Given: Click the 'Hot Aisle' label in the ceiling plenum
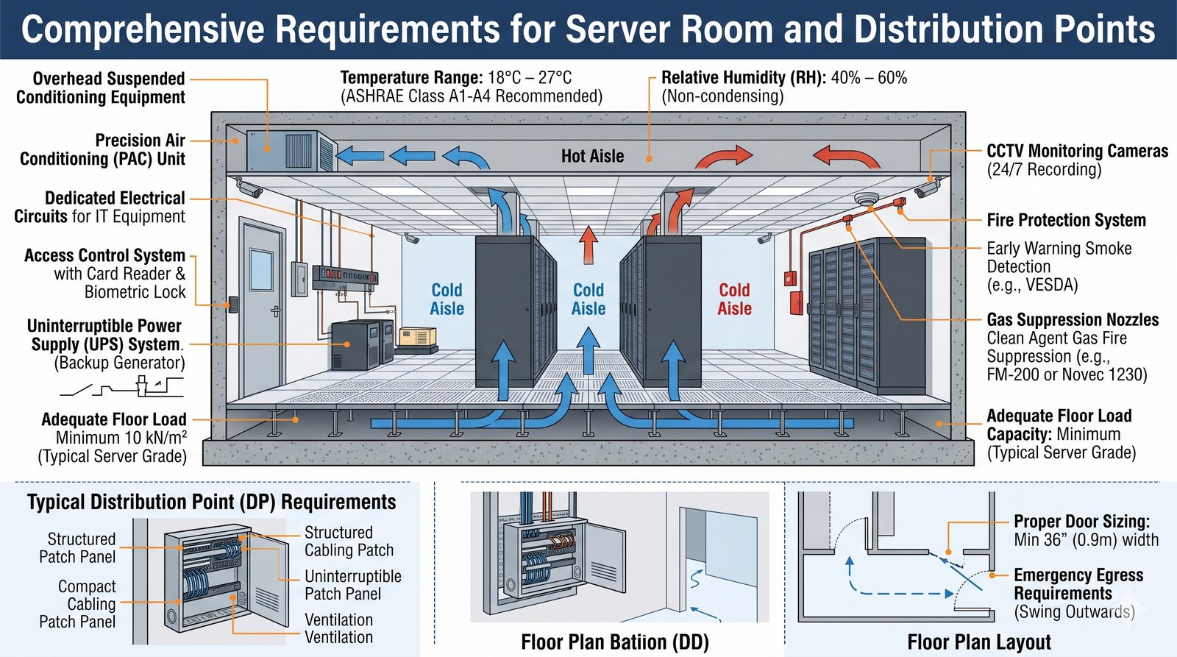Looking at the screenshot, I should tap(592, 156).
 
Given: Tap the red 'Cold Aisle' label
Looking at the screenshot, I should tap(734, 299).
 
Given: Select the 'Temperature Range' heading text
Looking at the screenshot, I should tap(410, 77).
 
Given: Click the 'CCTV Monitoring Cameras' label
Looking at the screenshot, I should tap(1077, 151).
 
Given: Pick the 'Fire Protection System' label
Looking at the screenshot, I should tap(1066, 220).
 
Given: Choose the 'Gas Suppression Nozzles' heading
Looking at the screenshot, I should tap(1073, 319).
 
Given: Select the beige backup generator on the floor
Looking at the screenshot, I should tap(417, 338).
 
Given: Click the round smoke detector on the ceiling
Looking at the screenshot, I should tap(867, 199).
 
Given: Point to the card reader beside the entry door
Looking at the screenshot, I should tap(233, 304).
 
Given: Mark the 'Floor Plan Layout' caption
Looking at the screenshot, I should tap(978, 642).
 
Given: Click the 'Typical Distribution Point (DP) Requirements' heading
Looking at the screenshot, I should tap(211, 502).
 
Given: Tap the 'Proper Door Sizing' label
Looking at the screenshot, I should tap(1081, 522).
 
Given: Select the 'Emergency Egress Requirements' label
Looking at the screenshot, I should tap(1078, 584).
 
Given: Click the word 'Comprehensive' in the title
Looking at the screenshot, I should tap(143, 29).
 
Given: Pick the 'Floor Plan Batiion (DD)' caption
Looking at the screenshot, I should tap(614, 642).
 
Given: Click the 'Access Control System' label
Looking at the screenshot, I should tap(104, 255).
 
